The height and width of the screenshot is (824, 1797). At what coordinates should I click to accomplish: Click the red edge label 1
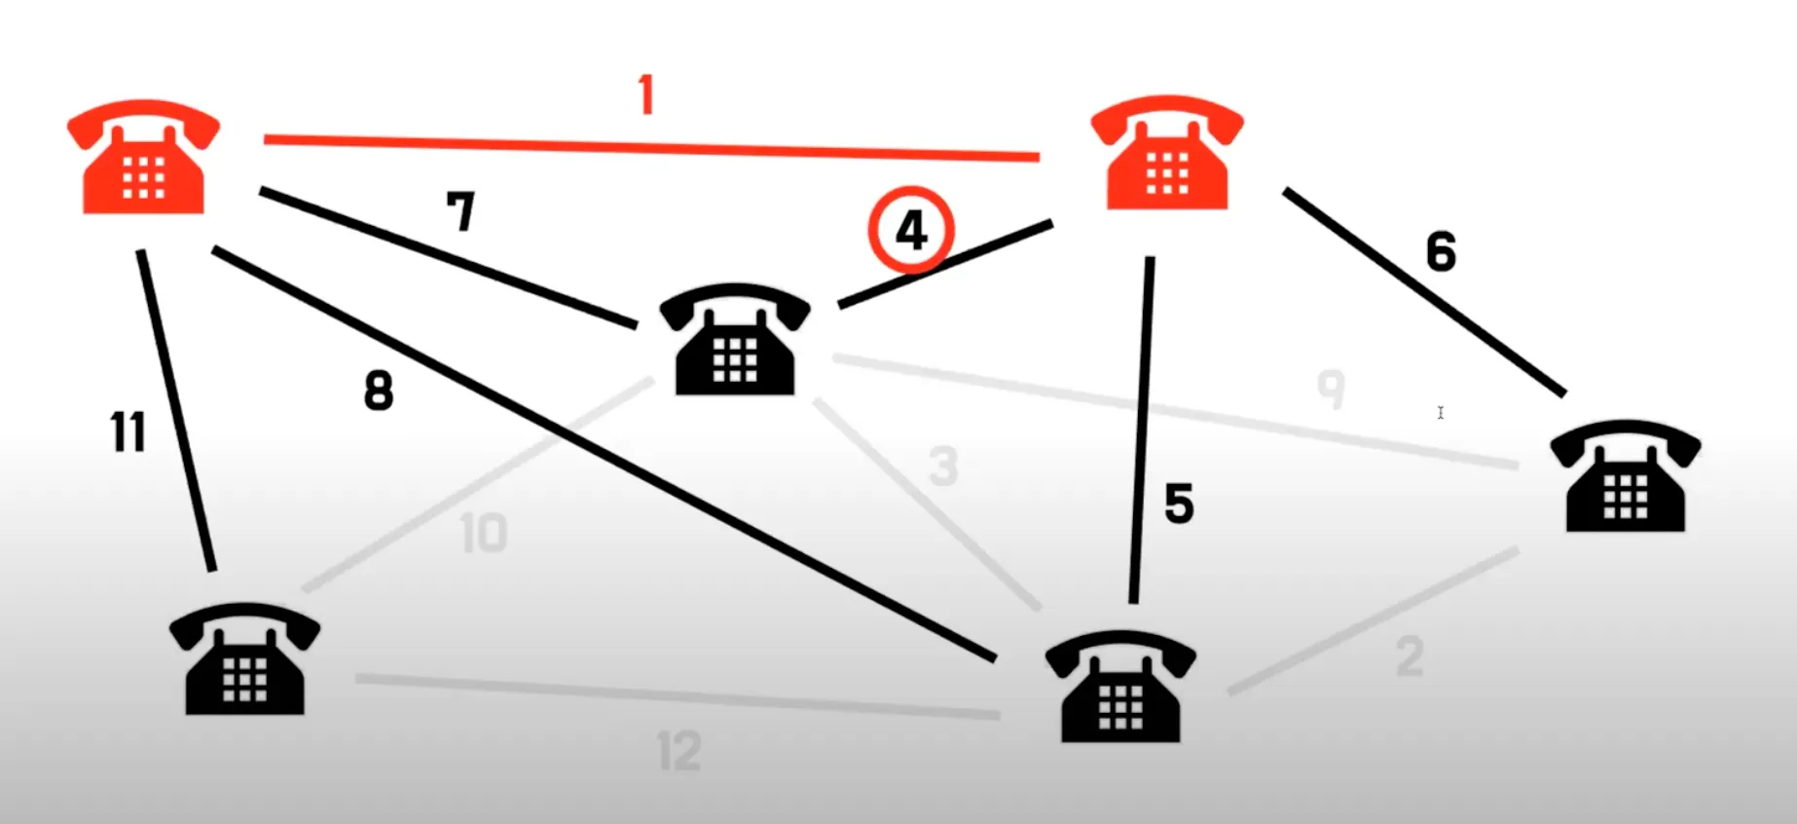[646, 95]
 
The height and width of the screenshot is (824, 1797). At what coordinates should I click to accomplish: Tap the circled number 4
[911, 231]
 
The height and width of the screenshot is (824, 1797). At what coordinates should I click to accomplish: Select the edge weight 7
[460, 210]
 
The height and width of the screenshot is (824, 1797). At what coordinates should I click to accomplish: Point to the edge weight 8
[379, 391]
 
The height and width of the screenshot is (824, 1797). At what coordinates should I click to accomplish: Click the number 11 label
[128, 431]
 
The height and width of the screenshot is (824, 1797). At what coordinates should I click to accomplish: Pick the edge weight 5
[1179, 504]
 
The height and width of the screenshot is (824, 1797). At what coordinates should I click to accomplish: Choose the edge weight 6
[1441, 251]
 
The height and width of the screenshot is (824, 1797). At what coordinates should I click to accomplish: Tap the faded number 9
[1331, 389]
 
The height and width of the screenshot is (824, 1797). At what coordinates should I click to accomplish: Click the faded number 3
[942, 466]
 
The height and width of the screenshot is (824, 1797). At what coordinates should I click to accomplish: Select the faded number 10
[484, 533]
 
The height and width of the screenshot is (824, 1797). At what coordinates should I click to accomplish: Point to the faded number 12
[678, 751]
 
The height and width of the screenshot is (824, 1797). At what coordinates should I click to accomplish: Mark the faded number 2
[1409, 656]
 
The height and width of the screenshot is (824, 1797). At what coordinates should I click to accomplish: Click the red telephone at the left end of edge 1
[144, 158]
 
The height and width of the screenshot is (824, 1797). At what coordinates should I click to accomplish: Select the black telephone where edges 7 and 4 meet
[735, 340]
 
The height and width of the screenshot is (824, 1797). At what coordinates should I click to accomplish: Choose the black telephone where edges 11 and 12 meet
[244, 659]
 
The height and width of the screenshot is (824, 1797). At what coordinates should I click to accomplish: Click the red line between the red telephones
[650, 148]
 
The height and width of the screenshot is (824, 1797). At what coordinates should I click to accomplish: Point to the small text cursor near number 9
[1441, 413]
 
